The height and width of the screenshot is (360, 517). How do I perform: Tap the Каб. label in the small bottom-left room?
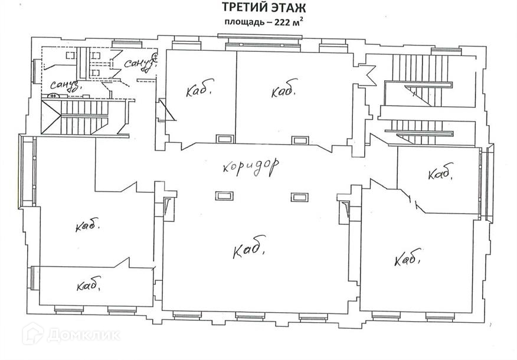89,286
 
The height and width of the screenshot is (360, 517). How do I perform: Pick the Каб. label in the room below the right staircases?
440,174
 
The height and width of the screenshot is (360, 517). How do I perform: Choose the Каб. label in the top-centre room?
283,92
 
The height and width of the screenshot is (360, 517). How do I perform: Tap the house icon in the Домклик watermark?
32,335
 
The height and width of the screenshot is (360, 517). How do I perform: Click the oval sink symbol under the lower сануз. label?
54,96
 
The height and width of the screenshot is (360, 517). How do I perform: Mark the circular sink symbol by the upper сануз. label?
156,57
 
